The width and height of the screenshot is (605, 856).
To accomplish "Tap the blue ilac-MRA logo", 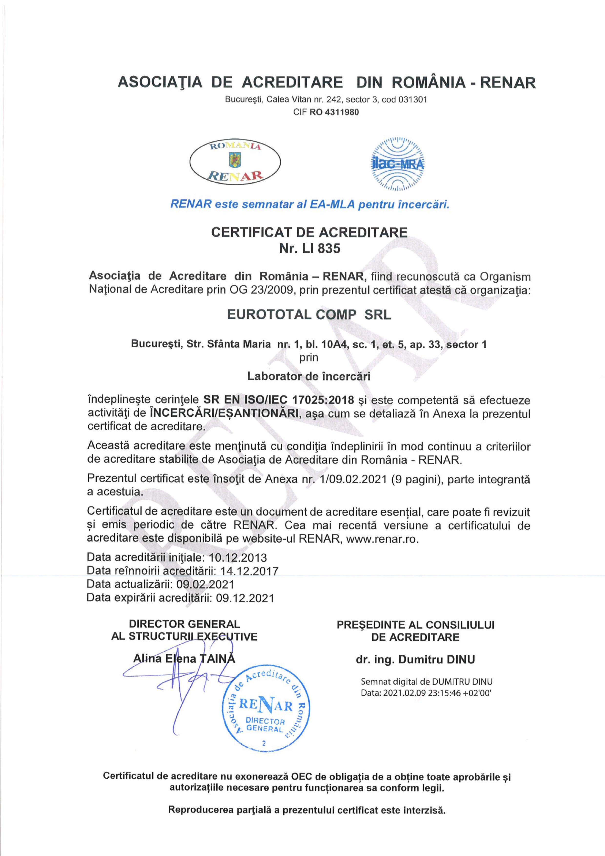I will (x=398, y=164).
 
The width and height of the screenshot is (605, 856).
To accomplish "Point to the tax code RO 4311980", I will (x=334, y=112).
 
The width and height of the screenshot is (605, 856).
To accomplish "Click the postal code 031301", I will (x=413, y=100).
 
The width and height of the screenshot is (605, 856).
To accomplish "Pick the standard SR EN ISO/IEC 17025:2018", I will (x=278, y=400).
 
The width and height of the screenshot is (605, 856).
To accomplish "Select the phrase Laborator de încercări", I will (x=309, y=376).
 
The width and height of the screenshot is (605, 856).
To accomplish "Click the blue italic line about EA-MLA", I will (x=309, y=204).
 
